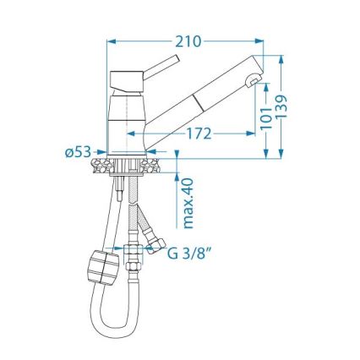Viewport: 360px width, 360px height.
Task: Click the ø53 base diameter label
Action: pos(78,152)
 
